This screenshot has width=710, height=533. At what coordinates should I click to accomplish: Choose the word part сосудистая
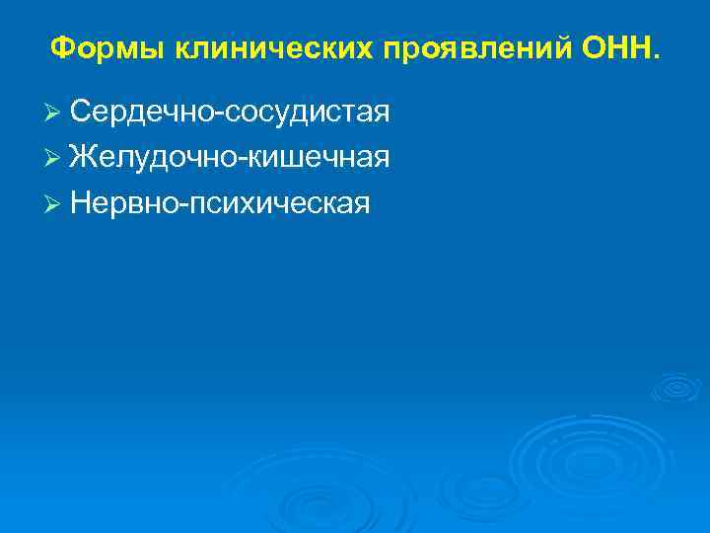[x=308, y=114]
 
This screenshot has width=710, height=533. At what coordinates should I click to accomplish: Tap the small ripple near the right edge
[x=676, y=387]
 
